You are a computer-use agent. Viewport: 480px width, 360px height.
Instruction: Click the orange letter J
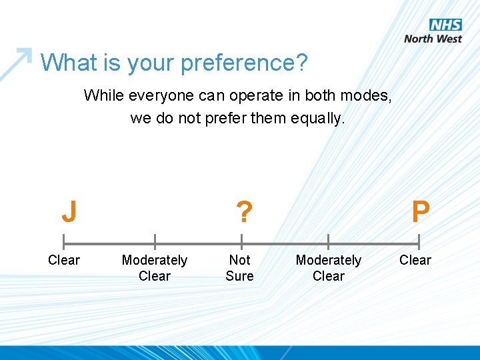pyautogui.click(x=69, y=213)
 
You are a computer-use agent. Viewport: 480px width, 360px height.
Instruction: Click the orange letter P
pyautogui.click(x=420, y=213)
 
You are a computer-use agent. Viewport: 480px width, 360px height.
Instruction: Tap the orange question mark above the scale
pyautogui.click(x=244, y=213)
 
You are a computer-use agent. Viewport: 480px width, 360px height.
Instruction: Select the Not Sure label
pyautogui.click(x=239, y=268)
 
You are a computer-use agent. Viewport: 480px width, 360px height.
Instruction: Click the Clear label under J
pyautogui.click(x=64, y=260)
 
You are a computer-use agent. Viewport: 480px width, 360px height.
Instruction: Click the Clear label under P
pyautogui.click(x=415, y=260)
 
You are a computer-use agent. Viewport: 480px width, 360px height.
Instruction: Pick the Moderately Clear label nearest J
pyautogui.click(x=155, y=268)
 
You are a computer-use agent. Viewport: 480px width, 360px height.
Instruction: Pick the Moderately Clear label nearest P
pyautogui.click(x=329, y=268)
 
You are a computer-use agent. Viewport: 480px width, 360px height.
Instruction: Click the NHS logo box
pyautogui.click(x=445, y=25)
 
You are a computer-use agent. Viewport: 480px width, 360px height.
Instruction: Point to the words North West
pyautogui.click(x=433, y=39)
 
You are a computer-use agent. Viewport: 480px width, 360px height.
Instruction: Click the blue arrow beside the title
pyautogui.click(x=16, y=63)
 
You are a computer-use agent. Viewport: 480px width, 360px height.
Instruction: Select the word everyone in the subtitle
pyautogui.click(x=155, y=95)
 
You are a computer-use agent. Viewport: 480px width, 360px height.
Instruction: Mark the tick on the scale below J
pyautogui.click(x=63, y=242)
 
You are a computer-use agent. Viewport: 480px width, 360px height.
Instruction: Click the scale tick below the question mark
pyautogui.click(x=241, y=242)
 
